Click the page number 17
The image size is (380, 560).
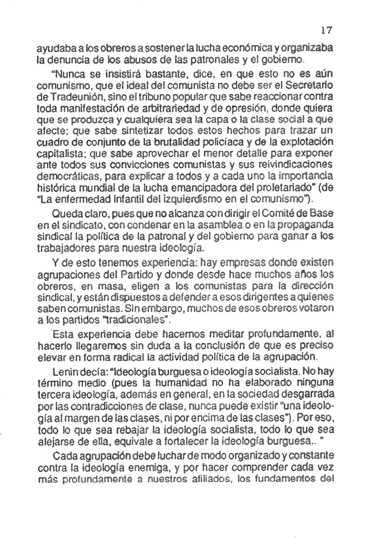pyautogui.click(x=330, y=30)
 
